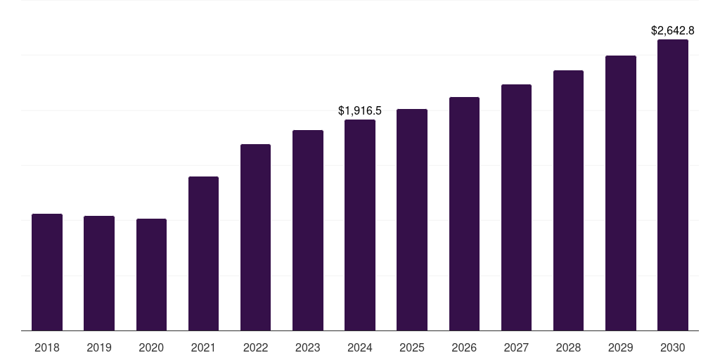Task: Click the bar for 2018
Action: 47,272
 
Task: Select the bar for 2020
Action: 151,274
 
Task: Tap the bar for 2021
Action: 203,253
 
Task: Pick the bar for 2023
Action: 308,230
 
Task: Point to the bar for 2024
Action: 360,225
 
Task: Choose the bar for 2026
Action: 464,214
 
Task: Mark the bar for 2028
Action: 568,200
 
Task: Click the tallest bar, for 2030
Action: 673,185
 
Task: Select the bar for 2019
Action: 99,273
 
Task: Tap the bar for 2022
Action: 255,237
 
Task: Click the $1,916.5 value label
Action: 360,110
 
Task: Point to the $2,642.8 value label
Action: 673,30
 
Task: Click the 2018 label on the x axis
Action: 47,347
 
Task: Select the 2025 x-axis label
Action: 412,347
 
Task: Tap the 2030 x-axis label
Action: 673,347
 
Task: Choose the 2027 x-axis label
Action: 516,347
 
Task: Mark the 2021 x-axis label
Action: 203,347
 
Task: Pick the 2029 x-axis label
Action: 621,347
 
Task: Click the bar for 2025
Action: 412,219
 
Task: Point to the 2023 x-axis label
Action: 308,347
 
